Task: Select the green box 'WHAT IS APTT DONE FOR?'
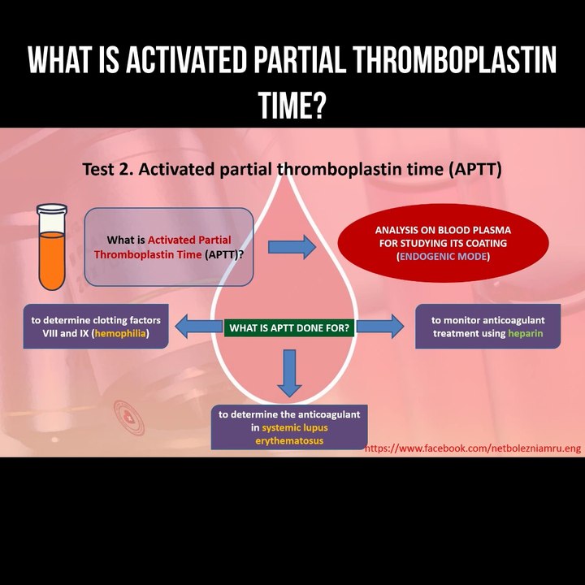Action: click(289, 328)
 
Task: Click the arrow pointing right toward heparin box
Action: click(379, 327)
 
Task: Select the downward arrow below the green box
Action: click(289, 371)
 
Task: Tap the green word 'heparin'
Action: click(525, 334)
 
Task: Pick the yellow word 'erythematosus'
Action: click(289, 440)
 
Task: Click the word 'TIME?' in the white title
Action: click(292, 104)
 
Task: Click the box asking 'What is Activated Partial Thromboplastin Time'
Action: click(168, 247)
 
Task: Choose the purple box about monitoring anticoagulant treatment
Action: click(487, 327)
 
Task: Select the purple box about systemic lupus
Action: click(289, 427)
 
